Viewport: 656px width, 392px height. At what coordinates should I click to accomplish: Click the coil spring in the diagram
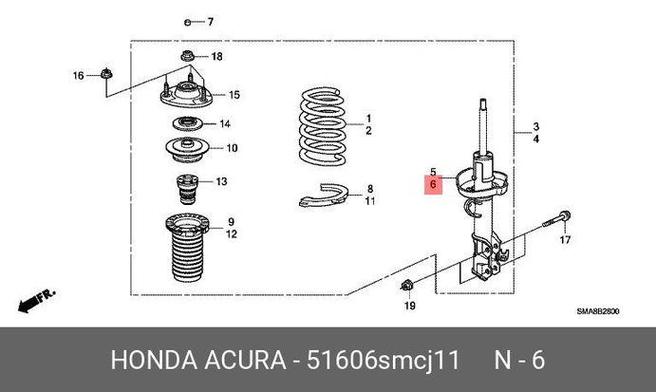[x=323, y=125]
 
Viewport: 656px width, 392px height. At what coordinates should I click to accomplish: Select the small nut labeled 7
[x=187, y=22]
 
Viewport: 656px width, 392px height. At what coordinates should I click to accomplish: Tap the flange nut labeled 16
[x=106, y=74]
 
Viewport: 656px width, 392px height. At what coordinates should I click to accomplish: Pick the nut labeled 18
[x=187, y=55]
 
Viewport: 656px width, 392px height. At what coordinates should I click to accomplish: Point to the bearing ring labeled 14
[x=187, y=123]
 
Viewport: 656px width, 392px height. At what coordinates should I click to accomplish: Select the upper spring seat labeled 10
[x=187, y=150]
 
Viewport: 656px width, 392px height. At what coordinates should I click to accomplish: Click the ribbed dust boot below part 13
[x=187, y=248]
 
